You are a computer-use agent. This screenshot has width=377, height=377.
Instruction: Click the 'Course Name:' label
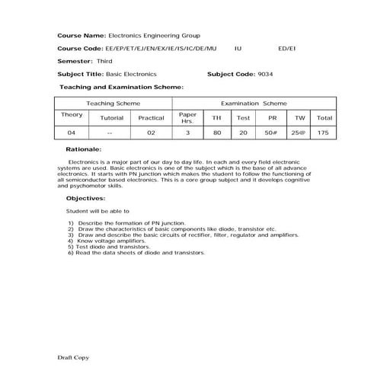[82, 36]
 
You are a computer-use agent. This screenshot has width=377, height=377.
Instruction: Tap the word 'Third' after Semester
[105, 61]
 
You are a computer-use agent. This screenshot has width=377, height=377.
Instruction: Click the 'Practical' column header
[151, 118]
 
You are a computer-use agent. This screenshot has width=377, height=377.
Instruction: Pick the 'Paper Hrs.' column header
[187, 118]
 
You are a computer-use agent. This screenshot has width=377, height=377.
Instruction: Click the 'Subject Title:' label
[82, 74]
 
